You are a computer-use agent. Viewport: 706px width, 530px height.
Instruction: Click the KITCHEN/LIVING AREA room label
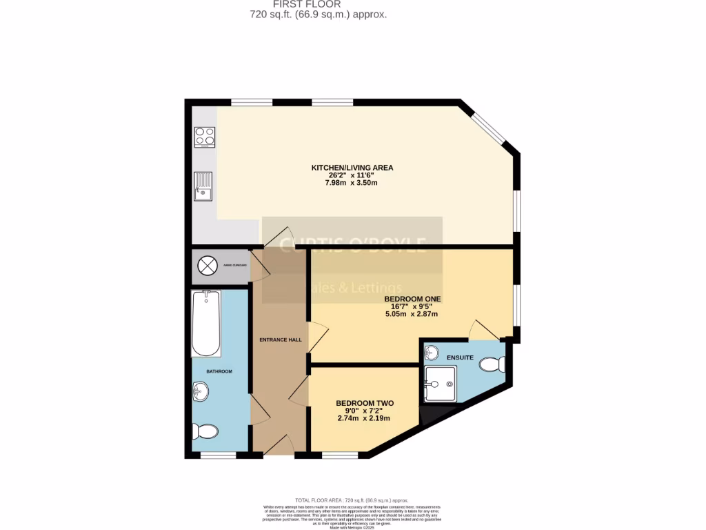352,168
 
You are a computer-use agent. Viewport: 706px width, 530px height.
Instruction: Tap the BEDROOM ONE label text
412,299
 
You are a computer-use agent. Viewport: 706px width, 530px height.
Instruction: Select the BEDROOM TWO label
364,403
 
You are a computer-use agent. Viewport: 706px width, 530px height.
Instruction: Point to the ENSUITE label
460,357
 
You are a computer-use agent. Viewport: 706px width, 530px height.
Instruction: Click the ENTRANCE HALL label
280,340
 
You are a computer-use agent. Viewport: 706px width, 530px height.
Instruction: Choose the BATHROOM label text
219,371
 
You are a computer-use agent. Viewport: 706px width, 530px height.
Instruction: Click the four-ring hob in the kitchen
205,137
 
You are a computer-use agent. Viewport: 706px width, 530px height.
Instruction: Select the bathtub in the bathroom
205,323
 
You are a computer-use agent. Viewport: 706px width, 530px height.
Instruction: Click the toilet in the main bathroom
206,432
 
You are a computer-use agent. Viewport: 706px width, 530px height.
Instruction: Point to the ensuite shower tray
440,383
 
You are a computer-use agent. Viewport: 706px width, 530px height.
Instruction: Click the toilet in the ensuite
492,363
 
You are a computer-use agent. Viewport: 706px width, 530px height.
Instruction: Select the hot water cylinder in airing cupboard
207,265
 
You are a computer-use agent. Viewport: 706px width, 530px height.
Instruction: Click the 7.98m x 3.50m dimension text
352,184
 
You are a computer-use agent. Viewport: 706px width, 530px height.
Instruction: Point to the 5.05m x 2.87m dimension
412,314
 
